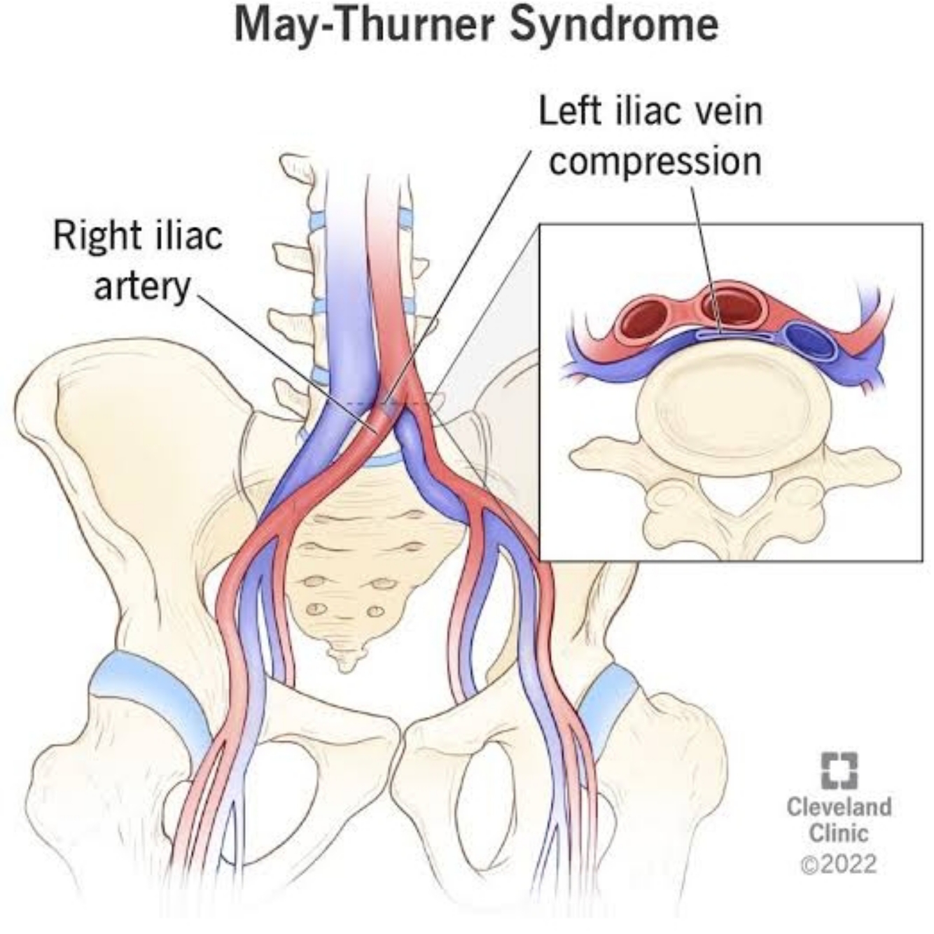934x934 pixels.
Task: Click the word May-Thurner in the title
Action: tap(365, 26)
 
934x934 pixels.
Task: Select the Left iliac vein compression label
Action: tap(650, 136)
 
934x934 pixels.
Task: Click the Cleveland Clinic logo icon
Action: tap(839, 771)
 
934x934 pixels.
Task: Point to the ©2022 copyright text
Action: tap(838, 863)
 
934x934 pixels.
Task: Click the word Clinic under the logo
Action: tap(839, 834)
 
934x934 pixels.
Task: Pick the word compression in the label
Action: tap(655, 161)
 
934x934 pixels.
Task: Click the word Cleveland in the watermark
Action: tap(839, 807)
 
